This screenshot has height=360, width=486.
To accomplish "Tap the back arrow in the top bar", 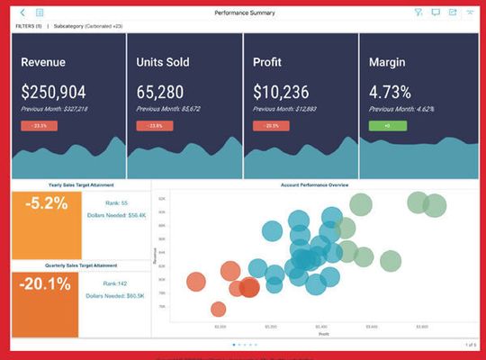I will (x=22, y=13).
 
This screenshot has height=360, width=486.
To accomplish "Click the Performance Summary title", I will (x=245, y=13).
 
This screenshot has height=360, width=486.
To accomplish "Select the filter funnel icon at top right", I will (x=418, y=13).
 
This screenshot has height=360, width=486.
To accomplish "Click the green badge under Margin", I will (x=387, y=126).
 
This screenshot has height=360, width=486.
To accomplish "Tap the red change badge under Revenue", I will (x=39, y=126).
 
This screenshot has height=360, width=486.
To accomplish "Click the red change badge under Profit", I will (x=271, y=126).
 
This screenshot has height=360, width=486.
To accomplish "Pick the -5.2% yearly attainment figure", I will (x=46, y=203).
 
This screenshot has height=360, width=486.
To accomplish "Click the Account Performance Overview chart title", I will (x=313, y=184).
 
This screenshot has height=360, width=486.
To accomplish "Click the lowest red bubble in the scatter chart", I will (x=218, y=310).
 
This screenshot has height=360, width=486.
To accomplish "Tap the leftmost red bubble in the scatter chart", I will (x=195, y=282).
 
